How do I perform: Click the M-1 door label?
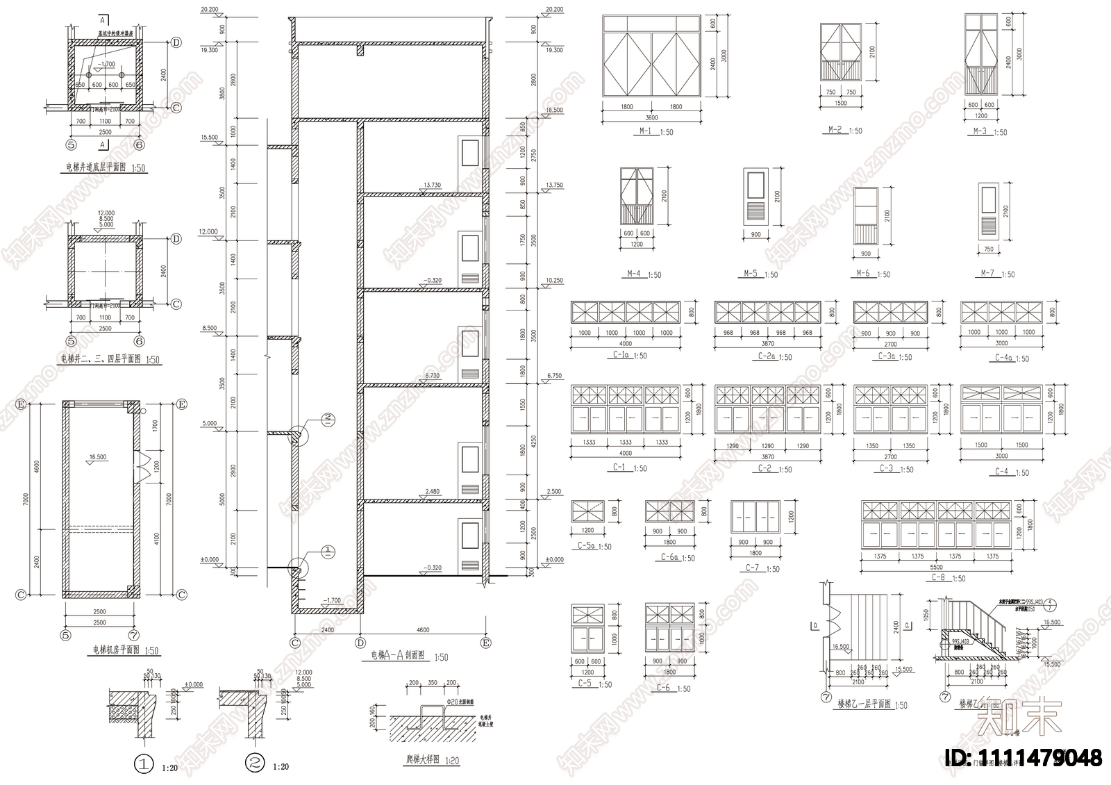tap(645, 131)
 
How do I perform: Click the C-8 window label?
tap(938, 577)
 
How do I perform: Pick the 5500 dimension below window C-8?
tap(937, 567)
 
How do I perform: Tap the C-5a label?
tap(587, 546)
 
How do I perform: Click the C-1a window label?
tap(621, 355)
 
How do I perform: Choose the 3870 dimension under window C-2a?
tap(767, 344)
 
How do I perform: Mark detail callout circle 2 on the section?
tap(329, 418)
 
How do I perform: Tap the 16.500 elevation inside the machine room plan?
tap(97, 457)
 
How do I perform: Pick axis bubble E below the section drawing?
tap(485, 643)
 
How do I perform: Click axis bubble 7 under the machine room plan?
tap(132, 634)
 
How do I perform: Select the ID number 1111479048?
tap(1024, 758)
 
